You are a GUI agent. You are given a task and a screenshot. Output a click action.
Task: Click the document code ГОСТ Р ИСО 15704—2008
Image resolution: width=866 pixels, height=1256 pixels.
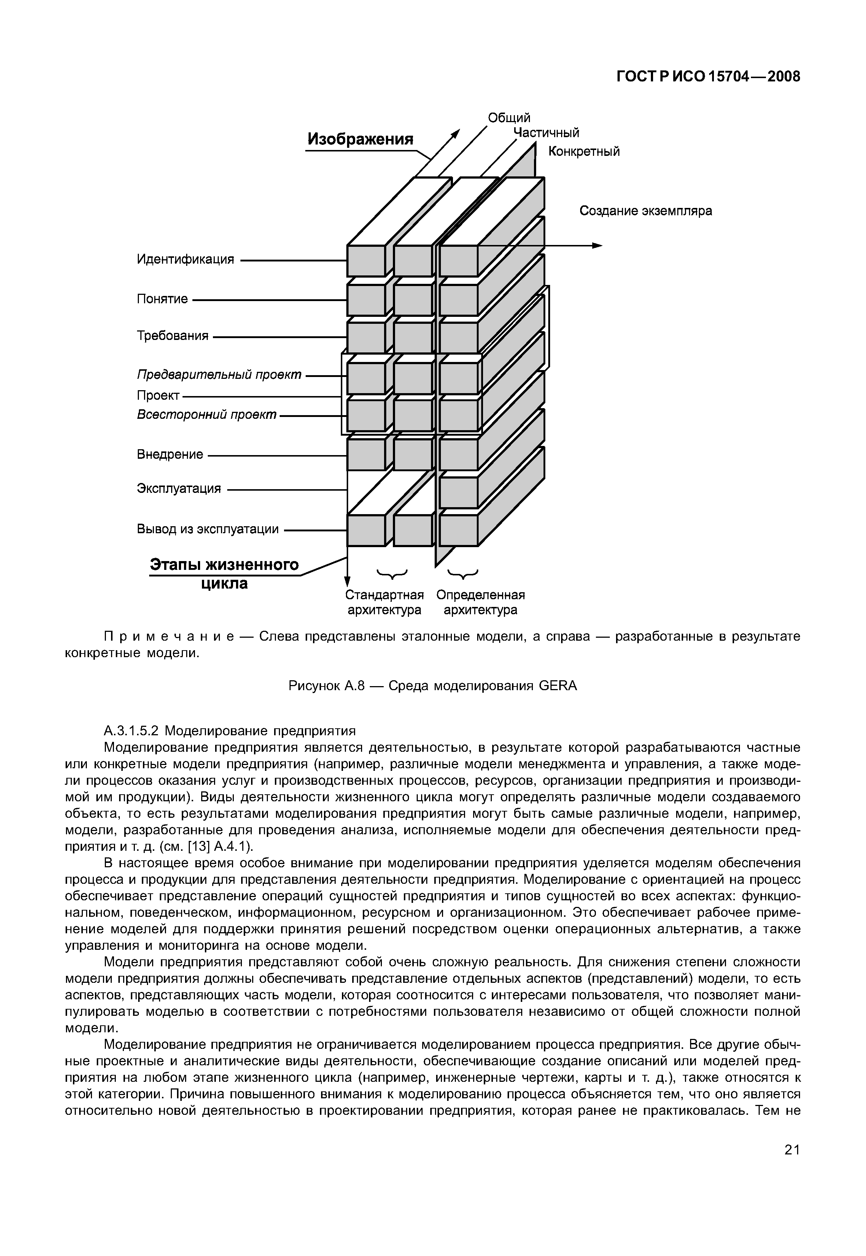[x=708, y=77]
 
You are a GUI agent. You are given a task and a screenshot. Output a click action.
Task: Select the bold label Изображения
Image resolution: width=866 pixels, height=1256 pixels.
[x=360, y=139]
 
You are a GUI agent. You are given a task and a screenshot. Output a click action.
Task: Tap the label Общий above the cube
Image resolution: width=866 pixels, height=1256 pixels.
[x=509, y=118]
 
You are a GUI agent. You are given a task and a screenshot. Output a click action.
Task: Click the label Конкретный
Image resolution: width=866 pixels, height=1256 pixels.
[x=584, y=151]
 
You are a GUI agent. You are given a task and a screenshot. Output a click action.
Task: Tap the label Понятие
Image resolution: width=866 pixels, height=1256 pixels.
[x=162, y=299]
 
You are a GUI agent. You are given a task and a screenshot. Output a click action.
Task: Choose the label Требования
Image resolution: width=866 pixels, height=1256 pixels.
[x=173, y=336]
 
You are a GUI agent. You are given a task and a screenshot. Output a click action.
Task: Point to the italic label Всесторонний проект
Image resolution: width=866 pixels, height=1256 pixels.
[x=207, y=415]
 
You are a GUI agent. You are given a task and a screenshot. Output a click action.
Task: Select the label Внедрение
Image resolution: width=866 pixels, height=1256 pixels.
[x=170, y=455]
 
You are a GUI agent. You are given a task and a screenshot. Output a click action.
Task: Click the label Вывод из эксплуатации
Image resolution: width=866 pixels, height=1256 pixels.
[x=208, y=529]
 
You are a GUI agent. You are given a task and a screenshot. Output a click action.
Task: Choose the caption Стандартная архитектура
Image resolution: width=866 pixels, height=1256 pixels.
[x=384, y=603]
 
